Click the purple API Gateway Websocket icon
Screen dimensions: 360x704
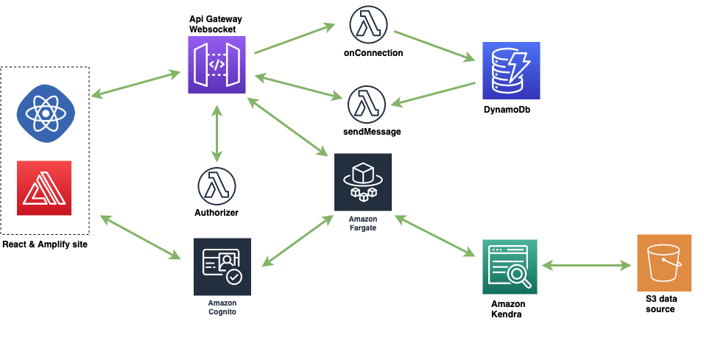(217, 65)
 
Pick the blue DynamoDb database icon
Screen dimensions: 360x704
(511, 70)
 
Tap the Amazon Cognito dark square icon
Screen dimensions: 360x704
(222, 267)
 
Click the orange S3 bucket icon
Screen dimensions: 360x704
(664, 263)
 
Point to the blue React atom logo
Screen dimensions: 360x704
(46, 113)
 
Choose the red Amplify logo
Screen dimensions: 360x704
(44, 188)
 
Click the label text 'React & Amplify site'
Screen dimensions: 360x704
(45, 244)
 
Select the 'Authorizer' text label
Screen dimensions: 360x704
(217, 213)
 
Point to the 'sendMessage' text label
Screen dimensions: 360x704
(366, 132)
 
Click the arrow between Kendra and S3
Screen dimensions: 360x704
(587, 265)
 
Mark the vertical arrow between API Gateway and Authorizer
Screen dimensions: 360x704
(217, 133)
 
